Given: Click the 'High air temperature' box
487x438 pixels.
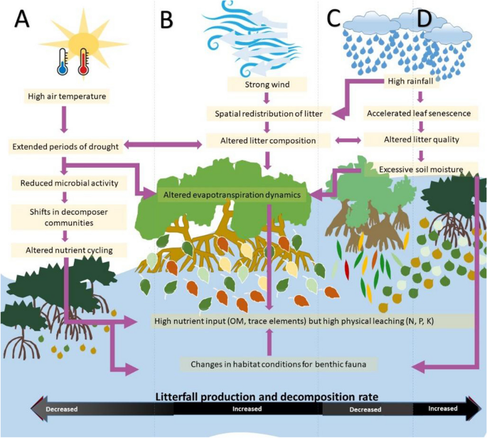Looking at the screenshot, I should [65, 95].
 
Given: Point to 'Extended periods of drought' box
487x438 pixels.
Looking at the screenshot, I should [65, 147].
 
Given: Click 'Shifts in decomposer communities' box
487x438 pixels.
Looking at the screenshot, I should [65, 217].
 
